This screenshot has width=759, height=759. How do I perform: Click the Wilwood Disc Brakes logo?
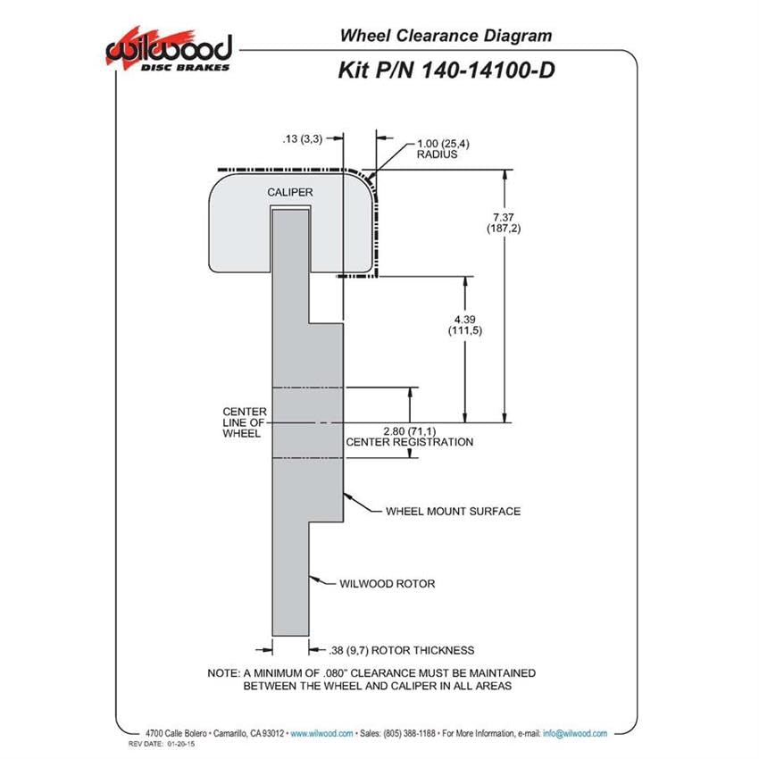click(169, 50)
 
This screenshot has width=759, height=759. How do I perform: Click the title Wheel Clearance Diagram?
click(446, 36)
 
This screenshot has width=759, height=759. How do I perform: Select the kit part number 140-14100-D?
click(488, 71)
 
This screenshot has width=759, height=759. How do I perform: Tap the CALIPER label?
click(290, 192)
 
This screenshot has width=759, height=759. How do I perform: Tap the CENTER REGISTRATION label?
click(410, 442)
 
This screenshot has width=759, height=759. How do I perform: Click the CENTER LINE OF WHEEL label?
click(245, 422)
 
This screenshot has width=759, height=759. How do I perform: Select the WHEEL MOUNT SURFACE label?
click(453, 511)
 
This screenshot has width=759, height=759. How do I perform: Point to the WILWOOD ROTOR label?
click(388, 584)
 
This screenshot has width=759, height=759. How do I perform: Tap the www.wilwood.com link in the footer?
click(321, 733)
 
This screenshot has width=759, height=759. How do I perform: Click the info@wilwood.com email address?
click(575, 733)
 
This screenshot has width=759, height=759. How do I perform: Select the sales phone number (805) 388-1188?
click(409, 733)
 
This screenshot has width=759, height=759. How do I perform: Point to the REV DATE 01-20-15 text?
click(162, 744)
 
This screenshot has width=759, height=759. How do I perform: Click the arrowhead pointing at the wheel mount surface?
click(347, 496)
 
